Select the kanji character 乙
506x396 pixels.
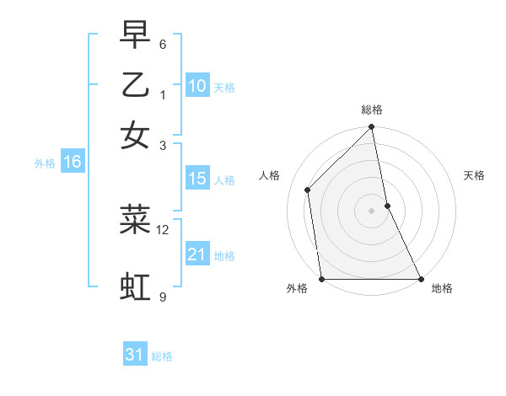135,85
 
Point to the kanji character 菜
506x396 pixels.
135,219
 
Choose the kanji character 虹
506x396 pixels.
135,286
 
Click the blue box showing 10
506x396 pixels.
197,86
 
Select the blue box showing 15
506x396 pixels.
197,179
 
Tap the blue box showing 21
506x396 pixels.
197,254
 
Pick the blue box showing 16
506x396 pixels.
73,163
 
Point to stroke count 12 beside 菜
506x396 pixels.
163,229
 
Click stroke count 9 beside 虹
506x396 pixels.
162,297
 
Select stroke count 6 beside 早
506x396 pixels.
163,44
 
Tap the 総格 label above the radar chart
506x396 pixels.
372,110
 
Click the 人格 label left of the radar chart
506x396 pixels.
270,175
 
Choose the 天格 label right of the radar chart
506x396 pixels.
474,175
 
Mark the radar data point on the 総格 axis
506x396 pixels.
372,128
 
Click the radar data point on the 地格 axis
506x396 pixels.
420,279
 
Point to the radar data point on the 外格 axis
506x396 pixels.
322,279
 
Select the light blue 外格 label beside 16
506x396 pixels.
45,163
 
